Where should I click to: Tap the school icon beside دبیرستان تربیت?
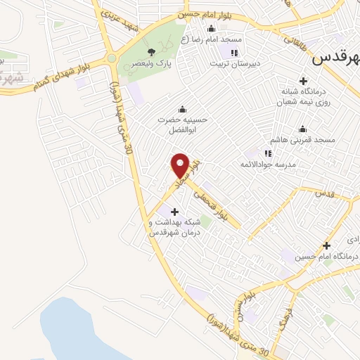coord(235,52)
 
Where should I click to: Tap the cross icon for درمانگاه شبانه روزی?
coord(304,81)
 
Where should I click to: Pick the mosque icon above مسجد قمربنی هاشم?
coord(303,129)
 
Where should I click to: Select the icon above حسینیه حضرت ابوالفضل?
coord(184,108)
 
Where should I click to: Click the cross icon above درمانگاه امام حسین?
coord(326,245)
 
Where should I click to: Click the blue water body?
coord(77,330)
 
